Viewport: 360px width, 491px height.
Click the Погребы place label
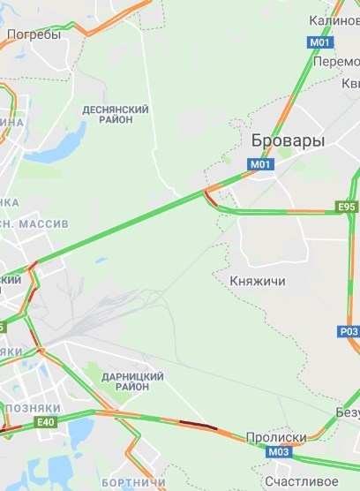pyautogui.click(x=34, y=35)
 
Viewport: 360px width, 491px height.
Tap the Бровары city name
pyautogui.click(x=288, y=141)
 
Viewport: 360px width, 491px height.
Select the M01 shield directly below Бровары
pyautogui.click(x=259, y=164)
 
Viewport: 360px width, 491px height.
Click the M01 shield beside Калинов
pyautogui.click(x=319, y=42)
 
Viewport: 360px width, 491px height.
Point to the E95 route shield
pyautogui.click(x=347, y=207)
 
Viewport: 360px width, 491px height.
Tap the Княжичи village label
pyautogui.click(x=257, y=281)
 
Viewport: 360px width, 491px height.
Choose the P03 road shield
pyautogui.click(x=349, y=331)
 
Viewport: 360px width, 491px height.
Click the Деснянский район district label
pyautogui.click(x=115, y=114)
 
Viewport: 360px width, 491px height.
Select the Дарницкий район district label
pyautogui.click(x=125, y=381)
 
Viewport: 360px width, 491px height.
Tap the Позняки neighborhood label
pyautogui.click(x=32, y=408)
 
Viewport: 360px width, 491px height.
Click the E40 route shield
pyautogui.click(x=46, y=423)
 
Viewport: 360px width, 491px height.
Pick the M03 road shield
pyautogui.click(x=278, y=452)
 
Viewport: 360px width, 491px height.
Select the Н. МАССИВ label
pyautogui.click(x=35, y=224)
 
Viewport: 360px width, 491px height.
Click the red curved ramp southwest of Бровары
pyautogui.click(x=208, y=196)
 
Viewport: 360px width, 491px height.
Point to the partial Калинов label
pyautogui.click(x=334, y=19)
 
